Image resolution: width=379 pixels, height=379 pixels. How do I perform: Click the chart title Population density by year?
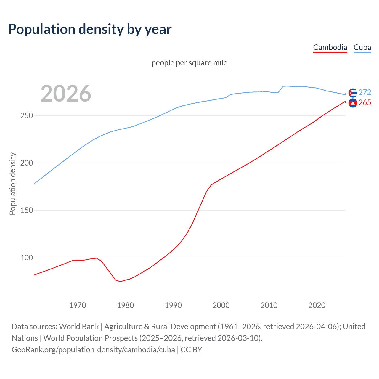90,29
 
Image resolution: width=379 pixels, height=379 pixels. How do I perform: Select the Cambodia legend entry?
330,47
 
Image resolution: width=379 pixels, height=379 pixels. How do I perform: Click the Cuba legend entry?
362,47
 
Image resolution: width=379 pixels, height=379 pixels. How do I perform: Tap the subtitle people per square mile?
189,63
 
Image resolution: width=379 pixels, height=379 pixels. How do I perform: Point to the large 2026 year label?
66,94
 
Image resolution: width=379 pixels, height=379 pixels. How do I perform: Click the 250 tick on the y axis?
26,116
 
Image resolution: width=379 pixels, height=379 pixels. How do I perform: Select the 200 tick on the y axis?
26,163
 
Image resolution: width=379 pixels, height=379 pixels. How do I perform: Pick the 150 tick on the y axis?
26,211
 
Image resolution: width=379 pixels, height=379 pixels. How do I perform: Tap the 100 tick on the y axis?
26,258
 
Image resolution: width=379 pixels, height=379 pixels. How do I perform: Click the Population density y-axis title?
12,184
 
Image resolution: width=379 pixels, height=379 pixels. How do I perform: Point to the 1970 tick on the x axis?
78,305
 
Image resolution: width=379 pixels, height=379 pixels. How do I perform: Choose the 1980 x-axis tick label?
126,305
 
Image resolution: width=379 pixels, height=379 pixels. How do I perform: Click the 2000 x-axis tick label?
221,305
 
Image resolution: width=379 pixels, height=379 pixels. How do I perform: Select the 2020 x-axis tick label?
317,305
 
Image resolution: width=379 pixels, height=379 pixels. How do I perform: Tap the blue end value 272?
365,92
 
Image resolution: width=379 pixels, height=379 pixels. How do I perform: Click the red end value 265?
365,102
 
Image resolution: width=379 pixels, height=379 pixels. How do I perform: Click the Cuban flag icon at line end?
353,93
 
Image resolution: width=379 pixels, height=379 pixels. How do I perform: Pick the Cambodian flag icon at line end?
353,103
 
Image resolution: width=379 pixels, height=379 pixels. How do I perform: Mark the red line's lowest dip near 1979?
120,281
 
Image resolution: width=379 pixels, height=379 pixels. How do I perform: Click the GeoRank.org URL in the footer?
93,350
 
